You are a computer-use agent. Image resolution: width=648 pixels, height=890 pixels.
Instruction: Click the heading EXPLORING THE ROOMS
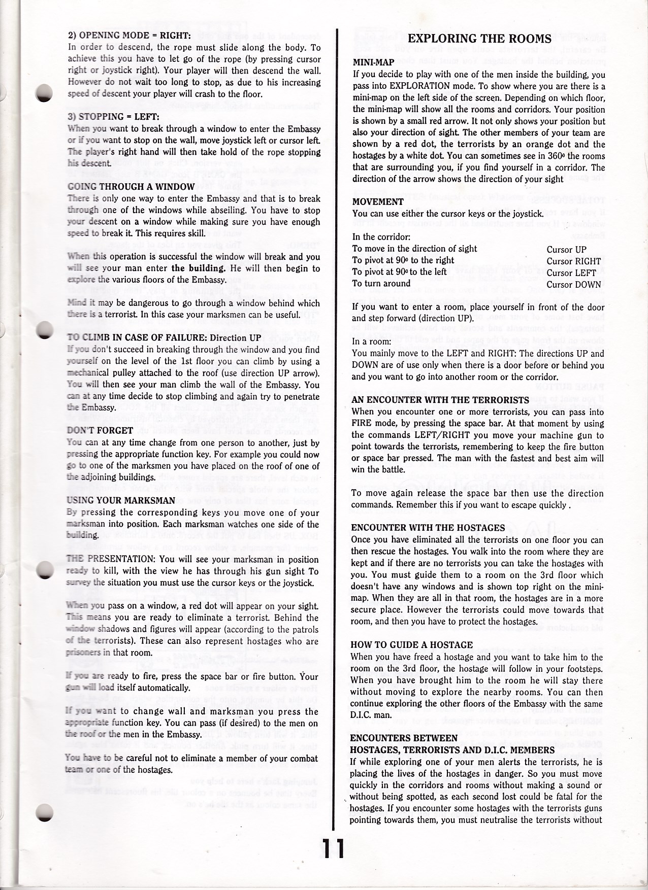point(479,39)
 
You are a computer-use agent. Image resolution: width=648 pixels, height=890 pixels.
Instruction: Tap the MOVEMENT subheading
point(378,201)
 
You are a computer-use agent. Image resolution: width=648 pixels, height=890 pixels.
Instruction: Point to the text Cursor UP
point(566,249)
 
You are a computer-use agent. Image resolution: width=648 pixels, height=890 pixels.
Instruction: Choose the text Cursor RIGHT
point(573,261)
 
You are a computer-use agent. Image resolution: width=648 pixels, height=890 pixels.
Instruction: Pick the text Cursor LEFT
point(571,273)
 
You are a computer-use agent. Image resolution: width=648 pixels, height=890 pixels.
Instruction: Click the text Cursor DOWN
point(573,285)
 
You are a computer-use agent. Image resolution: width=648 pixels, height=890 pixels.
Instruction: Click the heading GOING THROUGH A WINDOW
point(131,186)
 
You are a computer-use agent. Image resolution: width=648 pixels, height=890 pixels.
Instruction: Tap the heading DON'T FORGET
point(100,430)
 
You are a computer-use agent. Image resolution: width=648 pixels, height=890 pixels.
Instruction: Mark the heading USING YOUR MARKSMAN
point(121,500)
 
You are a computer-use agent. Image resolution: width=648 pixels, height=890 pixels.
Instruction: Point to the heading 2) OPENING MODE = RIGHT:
point(129,35)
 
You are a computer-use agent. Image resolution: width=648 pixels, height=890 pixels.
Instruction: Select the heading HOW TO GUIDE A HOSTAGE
point(412,645)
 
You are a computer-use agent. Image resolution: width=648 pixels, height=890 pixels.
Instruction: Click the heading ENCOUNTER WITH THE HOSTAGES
point(428,528)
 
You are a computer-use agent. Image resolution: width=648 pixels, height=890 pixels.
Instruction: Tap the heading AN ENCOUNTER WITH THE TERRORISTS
point(440,400)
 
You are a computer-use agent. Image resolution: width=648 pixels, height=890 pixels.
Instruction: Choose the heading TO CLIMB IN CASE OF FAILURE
point(164,338)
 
